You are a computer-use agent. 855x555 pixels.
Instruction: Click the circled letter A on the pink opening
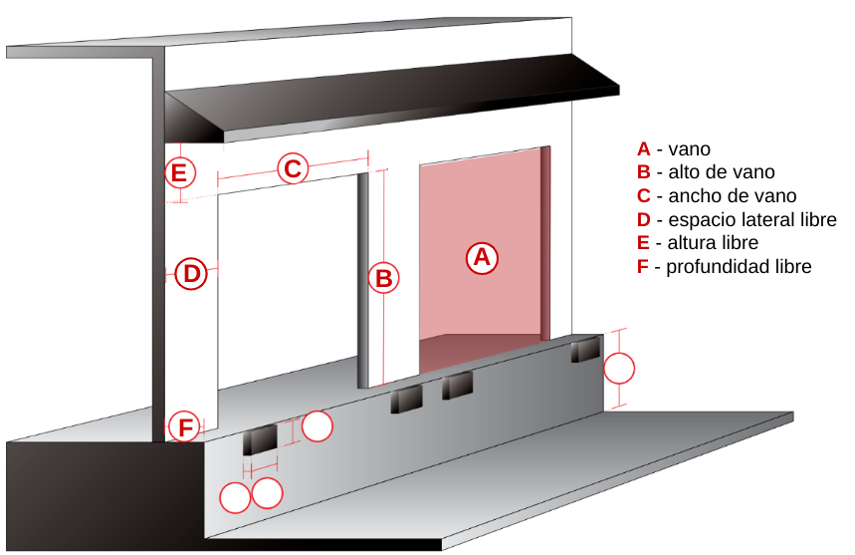[482, 257]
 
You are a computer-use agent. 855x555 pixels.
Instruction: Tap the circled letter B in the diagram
[383, 278]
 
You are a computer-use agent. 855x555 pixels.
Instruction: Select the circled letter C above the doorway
[292, 168]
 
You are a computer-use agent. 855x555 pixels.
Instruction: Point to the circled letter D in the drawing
[191, 272]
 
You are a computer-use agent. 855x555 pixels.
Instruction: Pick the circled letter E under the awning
[178, 173]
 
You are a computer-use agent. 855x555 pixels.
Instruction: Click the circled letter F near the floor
[184, 426]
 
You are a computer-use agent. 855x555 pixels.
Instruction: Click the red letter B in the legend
[644, 172]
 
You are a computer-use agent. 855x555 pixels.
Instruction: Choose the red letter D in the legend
[644, 220]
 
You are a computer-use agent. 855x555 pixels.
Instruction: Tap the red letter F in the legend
[643, 267]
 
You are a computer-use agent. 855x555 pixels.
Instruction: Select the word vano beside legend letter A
[690, 149]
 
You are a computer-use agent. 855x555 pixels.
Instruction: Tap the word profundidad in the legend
[716, 267]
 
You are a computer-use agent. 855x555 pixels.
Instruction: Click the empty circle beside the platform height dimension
[619, 368]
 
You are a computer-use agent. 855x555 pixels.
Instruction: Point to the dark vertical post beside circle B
[365, 279]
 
